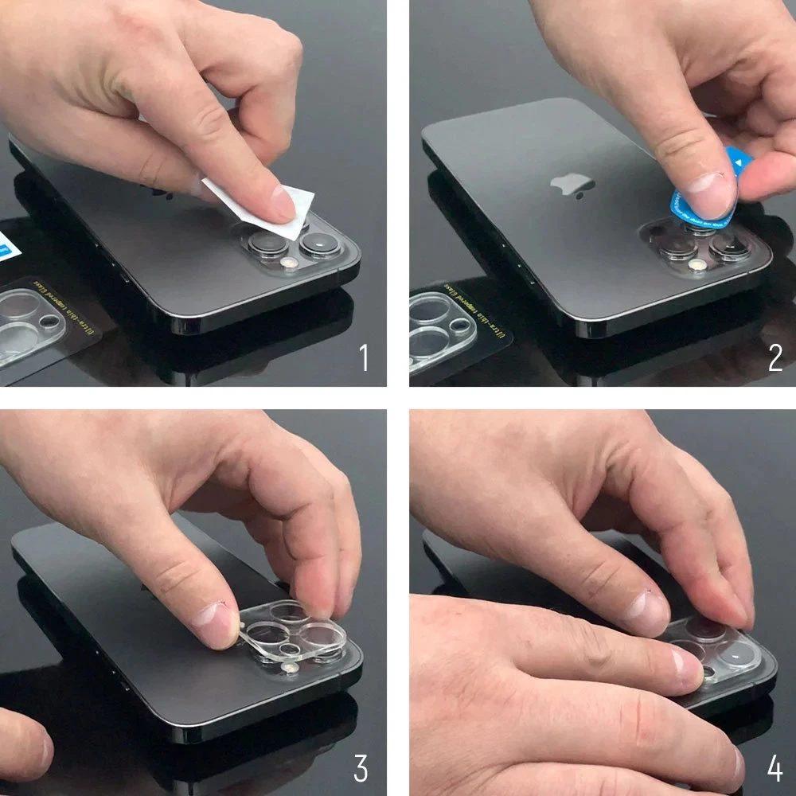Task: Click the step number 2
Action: click(x=775, y=358)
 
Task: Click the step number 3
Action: click(x=361, y=769)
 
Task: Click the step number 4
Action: click(x=775, y=769)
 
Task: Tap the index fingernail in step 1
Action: click(x=280, y=203)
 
